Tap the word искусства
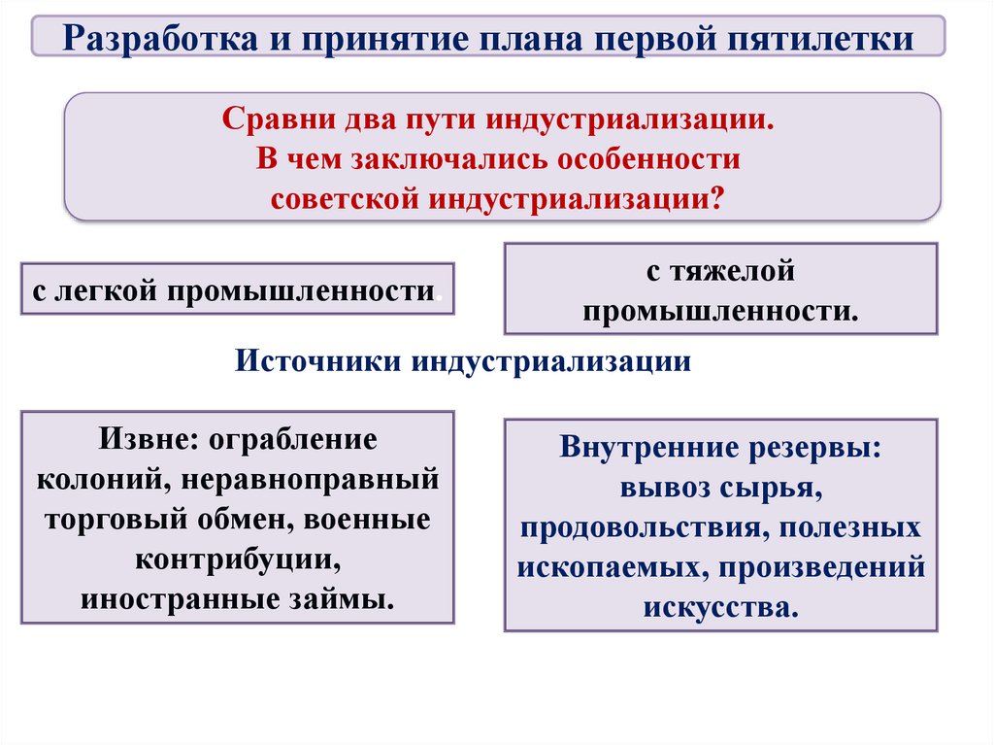720,608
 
